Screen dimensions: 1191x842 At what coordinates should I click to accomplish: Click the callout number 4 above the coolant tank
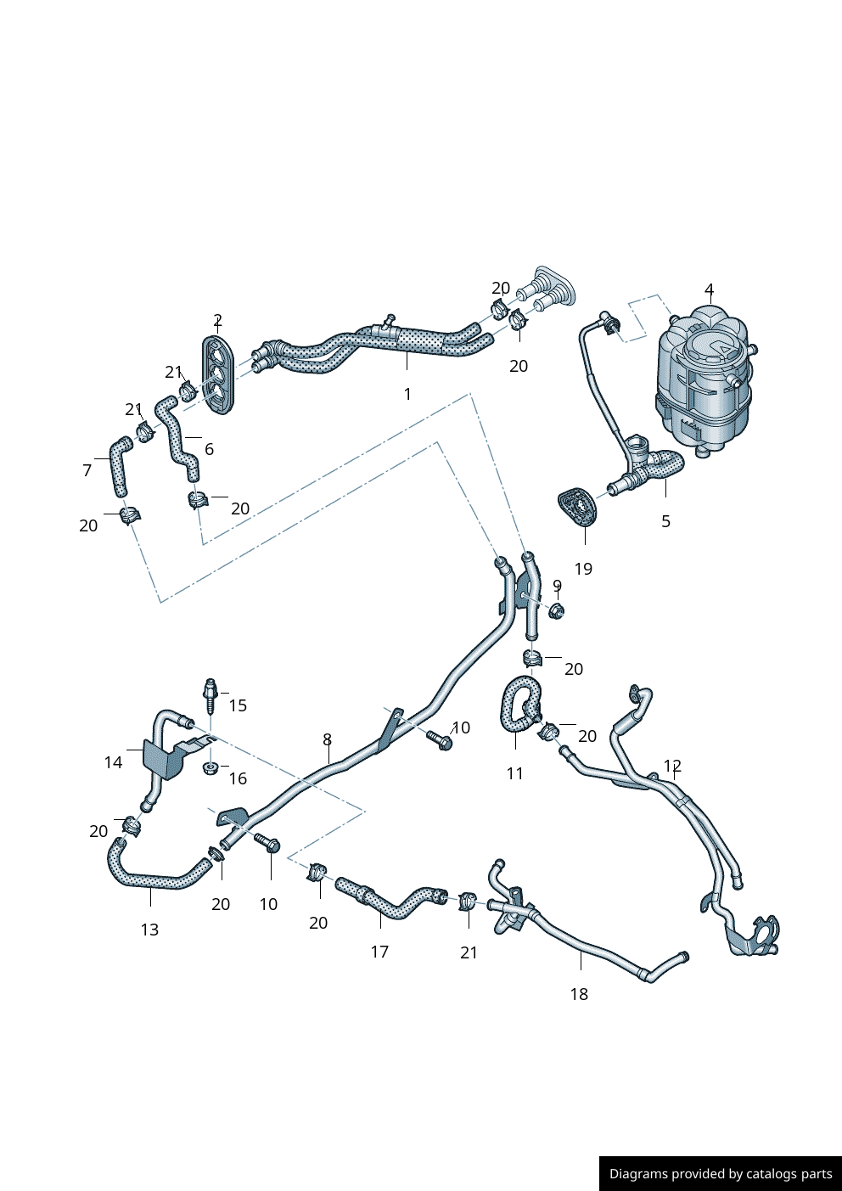tap(709, 289)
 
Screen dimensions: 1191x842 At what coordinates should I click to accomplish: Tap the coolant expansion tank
tap(704, 382)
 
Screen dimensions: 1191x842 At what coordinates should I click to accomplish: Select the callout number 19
tap(583, 569)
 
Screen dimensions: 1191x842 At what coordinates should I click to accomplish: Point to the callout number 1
tap(407, 394)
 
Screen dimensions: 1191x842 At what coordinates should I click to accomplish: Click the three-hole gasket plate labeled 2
tap(218, 375)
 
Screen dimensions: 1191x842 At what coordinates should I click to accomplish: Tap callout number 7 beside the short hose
tap(87, 470)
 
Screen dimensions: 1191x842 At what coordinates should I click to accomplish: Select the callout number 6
tap(209, 449)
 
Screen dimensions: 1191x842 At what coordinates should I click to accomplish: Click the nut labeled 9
tap(557, 610)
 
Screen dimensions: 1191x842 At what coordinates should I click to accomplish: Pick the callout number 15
tap(238, 705)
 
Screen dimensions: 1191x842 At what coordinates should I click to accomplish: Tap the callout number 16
tap(238, 778)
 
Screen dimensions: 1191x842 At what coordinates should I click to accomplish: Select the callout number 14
tap(113, 762)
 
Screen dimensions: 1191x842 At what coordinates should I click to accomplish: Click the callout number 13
tap(149, 930)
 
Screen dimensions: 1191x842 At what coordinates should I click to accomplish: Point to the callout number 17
tap(379, 952)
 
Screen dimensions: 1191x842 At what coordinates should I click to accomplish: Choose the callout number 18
tap(579, 994)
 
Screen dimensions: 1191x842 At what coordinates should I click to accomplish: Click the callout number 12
tap(672, 766)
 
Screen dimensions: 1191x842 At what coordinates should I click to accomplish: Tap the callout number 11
tap(515, 773)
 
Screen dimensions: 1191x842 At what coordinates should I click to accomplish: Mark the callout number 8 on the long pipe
tap(327, 740)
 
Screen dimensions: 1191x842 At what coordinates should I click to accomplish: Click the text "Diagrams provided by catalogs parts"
tap(721, 1174)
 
